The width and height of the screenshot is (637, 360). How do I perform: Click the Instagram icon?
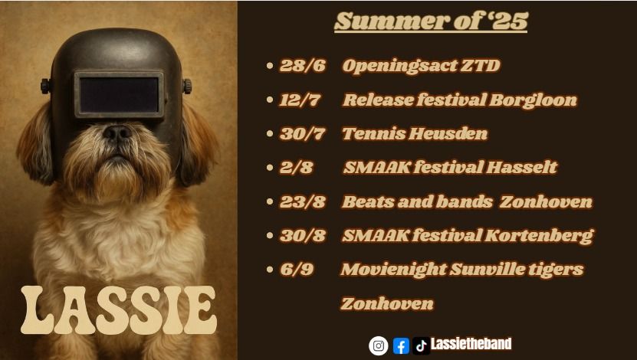(378, 345)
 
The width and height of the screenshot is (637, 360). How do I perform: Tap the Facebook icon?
(401, 346)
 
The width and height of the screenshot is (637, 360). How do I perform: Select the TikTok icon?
(421, 345)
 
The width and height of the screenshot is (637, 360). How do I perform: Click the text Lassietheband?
(471, 344)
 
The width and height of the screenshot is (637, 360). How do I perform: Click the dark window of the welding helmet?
(119, 94)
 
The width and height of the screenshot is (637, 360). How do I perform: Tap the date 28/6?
(303, 66)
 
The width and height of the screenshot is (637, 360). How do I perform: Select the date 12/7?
(300, 100)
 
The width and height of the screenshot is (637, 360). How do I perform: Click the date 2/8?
(297, 168)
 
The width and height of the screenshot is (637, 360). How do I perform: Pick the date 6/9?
(297, 270)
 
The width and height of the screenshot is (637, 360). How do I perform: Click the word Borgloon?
(533, 100)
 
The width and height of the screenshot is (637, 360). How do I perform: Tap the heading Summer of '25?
(431, 21)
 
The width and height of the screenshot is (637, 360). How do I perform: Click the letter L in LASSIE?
(38, 309)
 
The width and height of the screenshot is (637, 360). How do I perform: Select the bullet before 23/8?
(270, 201)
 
